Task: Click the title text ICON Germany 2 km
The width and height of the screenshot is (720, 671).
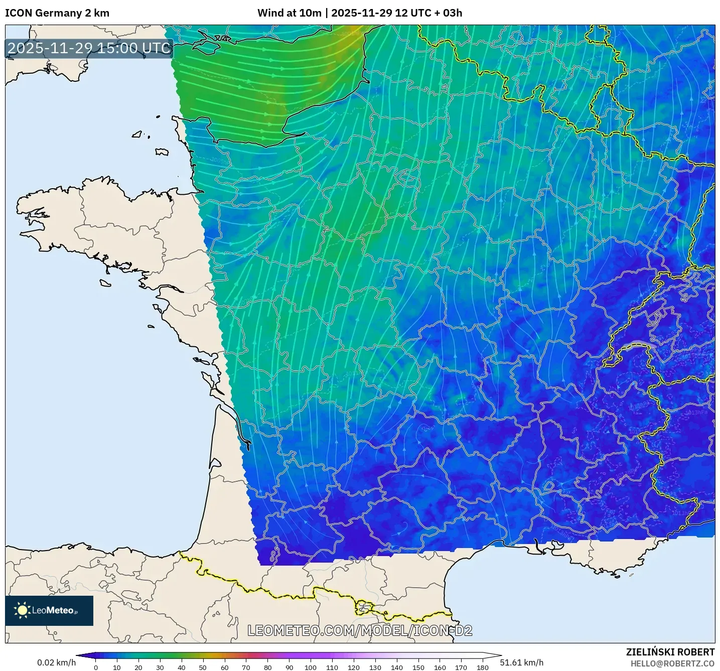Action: coord(57,13)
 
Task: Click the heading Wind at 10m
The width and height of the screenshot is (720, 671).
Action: coord(289,13)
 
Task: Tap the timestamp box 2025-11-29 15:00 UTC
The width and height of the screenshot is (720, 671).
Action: coord(89,48)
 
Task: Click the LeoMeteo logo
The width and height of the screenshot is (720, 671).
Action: coord(49,610)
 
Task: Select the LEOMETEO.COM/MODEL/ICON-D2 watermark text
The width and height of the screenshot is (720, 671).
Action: coord(360,630)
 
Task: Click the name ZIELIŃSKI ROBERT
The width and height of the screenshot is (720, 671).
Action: coord(670,652)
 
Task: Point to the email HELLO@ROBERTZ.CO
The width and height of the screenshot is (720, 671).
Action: coord(672,663)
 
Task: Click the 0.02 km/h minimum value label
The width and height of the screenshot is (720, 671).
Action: coord(56,662)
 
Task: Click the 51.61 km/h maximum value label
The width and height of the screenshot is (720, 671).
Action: coord(522,662)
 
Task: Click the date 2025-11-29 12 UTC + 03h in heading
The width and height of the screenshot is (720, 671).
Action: coord(396,13)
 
